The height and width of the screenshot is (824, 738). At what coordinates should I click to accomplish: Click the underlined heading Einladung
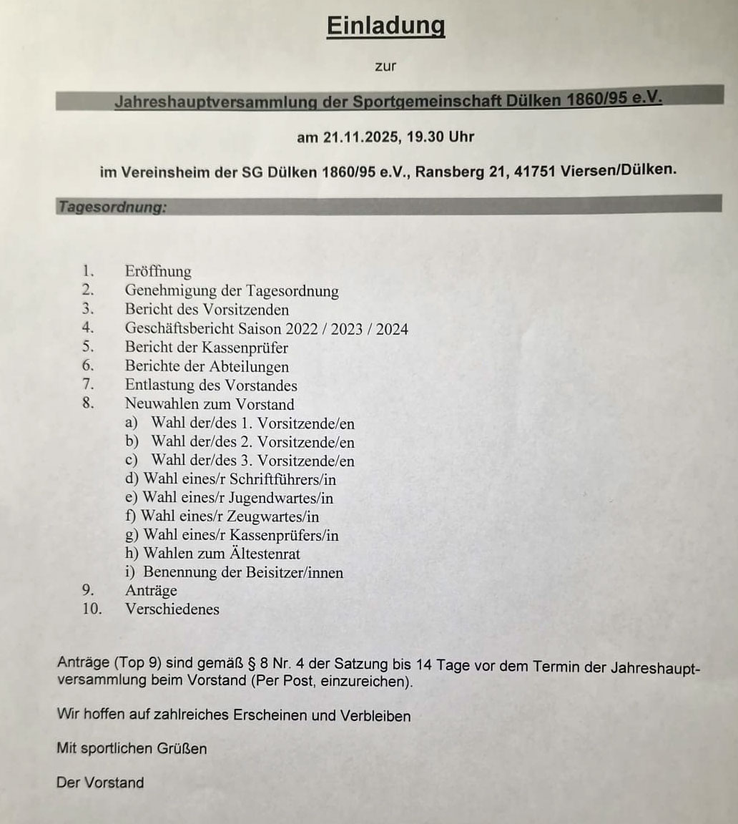tap(385, 26)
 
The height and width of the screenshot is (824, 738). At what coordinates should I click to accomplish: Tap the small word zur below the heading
tap(385, 67)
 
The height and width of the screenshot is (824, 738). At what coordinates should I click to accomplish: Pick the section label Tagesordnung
tap(112, 207)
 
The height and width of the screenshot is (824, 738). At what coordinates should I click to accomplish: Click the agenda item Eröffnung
tap(158, 272)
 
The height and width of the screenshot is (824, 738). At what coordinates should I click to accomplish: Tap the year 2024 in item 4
tap(392, 329)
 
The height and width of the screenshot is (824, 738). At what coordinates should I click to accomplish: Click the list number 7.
tap(88, 386)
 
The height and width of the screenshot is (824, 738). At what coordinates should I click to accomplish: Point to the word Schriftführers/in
tap(282, 479)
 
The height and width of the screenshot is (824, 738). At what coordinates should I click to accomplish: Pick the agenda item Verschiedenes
tap(172, 609)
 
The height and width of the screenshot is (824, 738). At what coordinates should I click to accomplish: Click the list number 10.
tap(92, 609)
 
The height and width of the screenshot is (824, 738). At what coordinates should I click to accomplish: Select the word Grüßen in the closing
tap(184, 749)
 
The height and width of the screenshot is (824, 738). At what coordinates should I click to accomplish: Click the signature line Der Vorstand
tap(100, 783)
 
